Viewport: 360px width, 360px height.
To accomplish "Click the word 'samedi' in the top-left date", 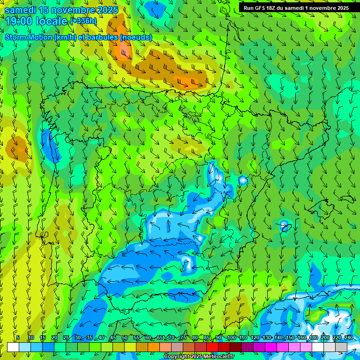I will pyautogui.click(x=21, y=10).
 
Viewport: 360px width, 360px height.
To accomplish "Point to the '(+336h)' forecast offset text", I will pyautogui.click(x=83, y=21).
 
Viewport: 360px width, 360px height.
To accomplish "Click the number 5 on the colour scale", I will pyautogui.click(x=18, y=338).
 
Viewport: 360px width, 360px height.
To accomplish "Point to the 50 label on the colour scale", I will pyautogui.click(x=124, y=338).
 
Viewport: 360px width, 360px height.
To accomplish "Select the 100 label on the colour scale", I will pyautogui.click(x=231, y=338).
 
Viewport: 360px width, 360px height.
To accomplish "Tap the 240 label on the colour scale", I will pyautogui.click(x=348, y=338).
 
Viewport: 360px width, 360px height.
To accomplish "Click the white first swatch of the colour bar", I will pyautogui.click(x=13, y=347).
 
